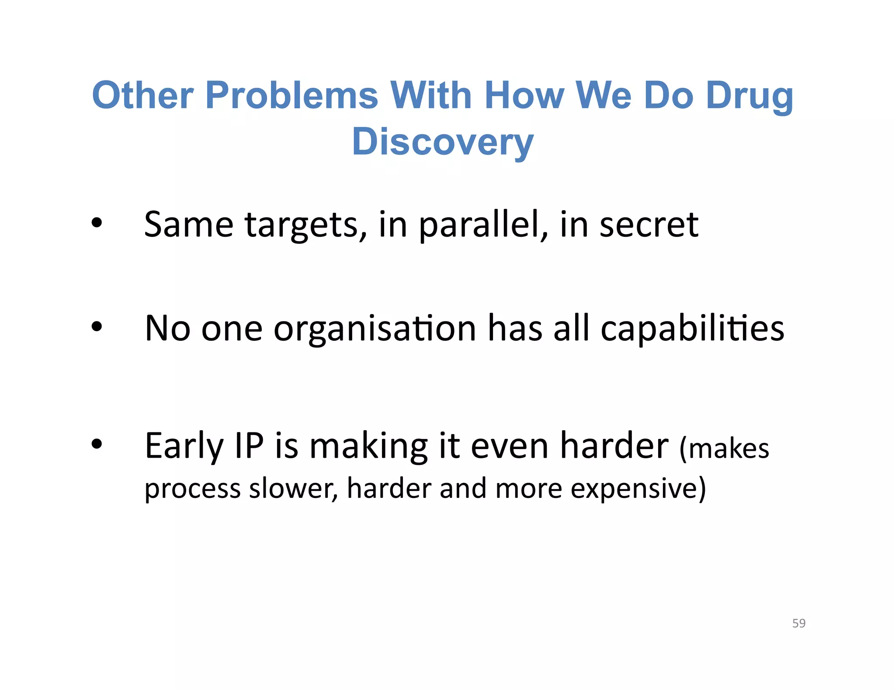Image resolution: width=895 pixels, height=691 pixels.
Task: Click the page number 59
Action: tap(798, 623)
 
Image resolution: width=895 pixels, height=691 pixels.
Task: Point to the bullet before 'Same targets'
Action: tap(97, 224)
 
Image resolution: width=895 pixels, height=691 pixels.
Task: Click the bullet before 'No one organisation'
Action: tap(97, 327)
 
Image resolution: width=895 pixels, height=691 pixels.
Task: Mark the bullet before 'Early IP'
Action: tap(97, 444)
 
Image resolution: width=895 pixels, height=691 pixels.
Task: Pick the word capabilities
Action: tap(692, 328)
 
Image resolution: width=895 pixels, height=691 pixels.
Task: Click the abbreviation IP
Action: tap(249, 446)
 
